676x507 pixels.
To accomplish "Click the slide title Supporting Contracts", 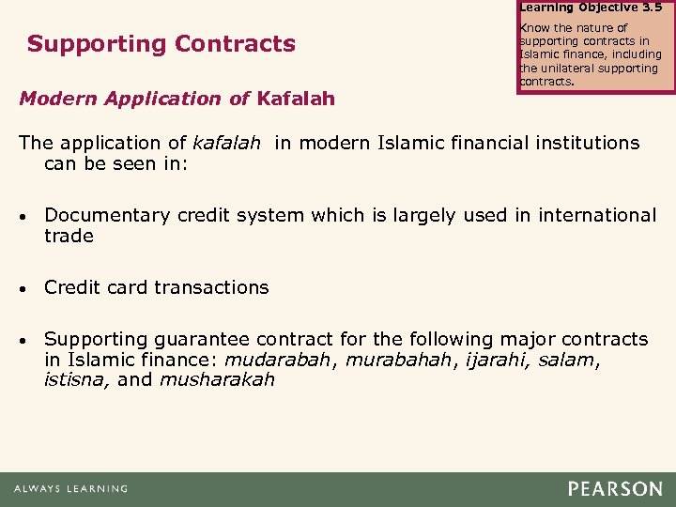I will (x=161, y=44).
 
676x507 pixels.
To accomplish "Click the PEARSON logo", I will (x=616, y=489).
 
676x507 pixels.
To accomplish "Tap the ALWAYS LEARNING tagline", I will (x=70, y=489).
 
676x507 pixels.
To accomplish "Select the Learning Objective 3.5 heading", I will (x=590, y=7).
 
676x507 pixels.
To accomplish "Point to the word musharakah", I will (x=217, y=379).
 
